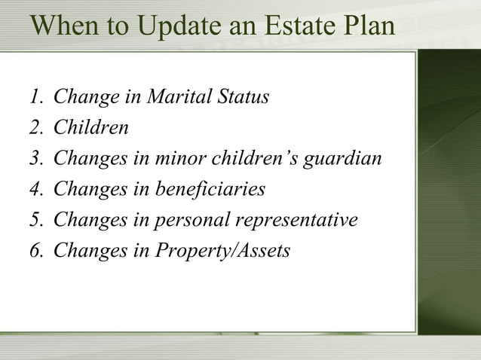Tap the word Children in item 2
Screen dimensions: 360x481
click(91, 129)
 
